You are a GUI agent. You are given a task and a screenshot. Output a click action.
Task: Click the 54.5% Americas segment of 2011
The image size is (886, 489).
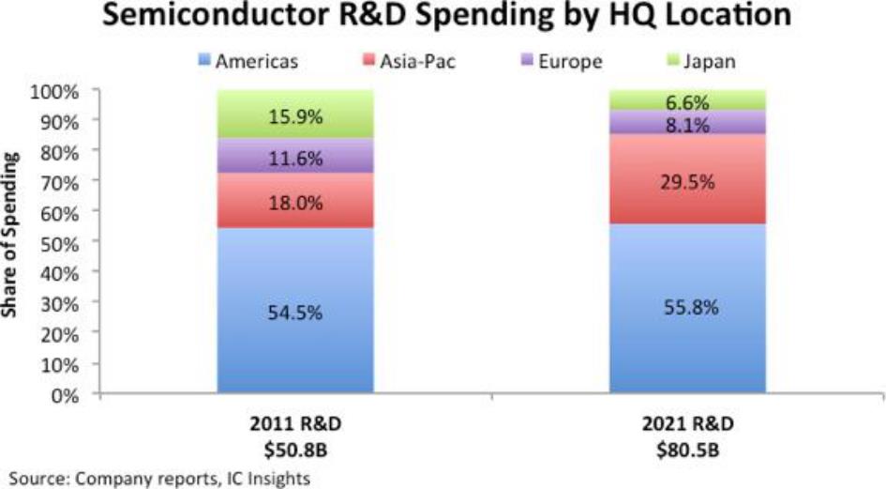[x=295, y=311]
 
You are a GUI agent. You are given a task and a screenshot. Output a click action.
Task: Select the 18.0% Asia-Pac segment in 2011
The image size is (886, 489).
[x=295, y=201]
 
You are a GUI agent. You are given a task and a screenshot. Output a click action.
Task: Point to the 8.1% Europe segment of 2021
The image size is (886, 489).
[x=687, y=122]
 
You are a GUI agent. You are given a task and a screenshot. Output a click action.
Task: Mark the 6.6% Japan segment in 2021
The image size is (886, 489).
[x=687, y=99]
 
